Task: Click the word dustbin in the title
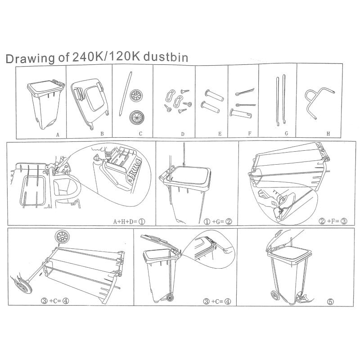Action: (x=166, y=57)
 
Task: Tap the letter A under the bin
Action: (x=58, y=135)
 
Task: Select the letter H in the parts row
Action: (x=328, y=134)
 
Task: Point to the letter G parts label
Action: (x=286, y=133)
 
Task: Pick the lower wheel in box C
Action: (x=137, y=117)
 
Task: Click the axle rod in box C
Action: (x=126, y=94)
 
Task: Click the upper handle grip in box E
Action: (x=214, y=95)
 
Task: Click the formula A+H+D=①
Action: (x=129, y=221)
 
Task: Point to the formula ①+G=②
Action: (x=218, y=221)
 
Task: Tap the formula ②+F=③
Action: (x=333, y=221)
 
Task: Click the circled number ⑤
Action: (x=330, y=301)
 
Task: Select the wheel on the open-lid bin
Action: (x=170, y=298)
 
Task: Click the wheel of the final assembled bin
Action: (x=275, y=295)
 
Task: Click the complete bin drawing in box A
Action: (x=46, y=104)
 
